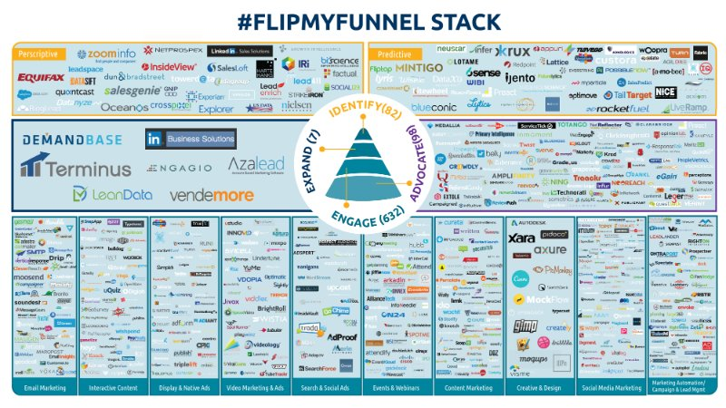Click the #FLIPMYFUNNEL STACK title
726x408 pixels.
363,20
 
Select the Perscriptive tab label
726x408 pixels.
41,54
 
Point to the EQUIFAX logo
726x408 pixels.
42,77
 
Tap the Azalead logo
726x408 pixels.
257,165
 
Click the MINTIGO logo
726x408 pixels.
419,67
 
